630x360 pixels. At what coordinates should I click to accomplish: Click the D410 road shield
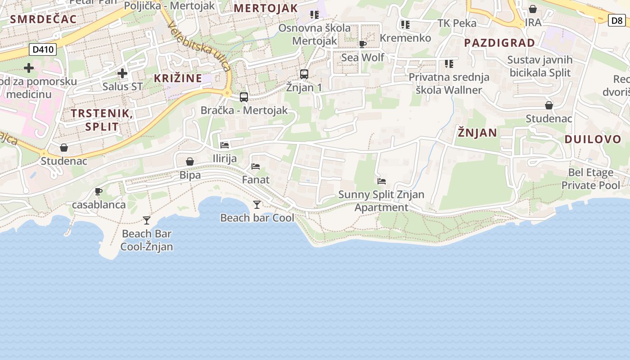43,49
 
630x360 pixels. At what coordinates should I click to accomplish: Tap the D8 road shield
616,20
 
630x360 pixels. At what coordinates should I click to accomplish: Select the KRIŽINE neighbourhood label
178,78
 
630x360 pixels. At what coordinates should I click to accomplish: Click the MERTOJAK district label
266,8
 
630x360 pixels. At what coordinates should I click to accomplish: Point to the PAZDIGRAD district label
499,43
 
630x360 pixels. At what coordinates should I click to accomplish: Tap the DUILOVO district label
593,139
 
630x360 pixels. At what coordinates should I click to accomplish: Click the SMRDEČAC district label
43,19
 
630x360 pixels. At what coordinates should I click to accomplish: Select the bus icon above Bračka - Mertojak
244,97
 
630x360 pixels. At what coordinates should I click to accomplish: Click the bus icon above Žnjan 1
304,74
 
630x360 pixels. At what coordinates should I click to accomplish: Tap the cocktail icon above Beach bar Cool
257,205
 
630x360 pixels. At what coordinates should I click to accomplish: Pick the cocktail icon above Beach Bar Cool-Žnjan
147,220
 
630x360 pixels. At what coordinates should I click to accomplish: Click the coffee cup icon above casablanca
99,192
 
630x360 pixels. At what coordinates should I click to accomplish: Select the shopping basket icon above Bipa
190,162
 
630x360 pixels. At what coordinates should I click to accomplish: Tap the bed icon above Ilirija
225,145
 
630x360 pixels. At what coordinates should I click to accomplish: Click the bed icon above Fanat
256,166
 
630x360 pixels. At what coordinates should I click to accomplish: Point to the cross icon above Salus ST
122,73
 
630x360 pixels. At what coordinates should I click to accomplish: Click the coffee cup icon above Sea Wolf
363,44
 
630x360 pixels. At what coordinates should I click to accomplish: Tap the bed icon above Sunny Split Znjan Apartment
382,181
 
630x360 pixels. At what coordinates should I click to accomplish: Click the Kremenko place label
405,38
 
